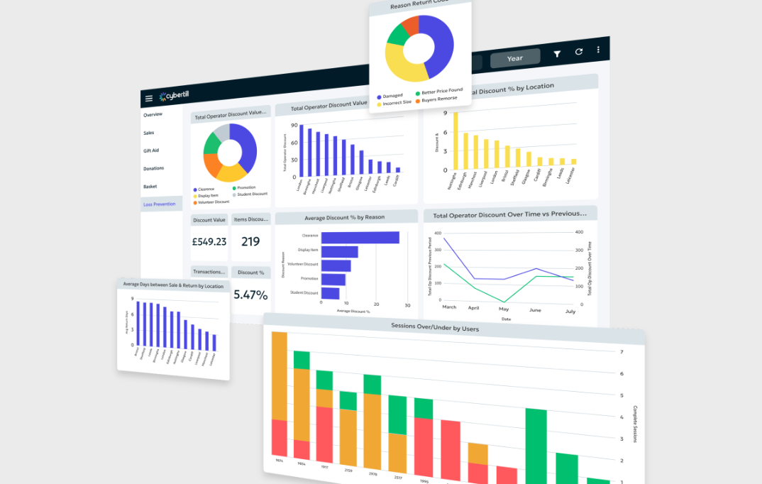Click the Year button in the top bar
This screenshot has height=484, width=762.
click(515, 58)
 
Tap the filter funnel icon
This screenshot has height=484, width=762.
click(557, 53)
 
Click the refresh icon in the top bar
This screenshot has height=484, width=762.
click(578, 52)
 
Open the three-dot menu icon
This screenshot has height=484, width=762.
click(598, 50)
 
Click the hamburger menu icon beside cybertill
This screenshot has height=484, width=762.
click(149, 99)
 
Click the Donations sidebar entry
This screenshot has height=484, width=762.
click(154, 168)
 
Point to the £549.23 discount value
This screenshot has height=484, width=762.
click(209, 241)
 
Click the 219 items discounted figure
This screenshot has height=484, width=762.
click(250, 241)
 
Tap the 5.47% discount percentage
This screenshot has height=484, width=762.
click(250, 295)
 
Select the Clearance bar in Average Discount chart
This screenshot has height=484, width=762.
click(360, 238)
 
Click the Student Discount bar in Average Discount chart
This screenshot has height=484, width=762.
click(330, 293)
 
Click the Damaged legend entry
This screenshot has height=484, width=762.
click(392, 96)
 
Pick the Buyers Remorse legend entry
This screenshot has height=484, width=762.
click(440, 99)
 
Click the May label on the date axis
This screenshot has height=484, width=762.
click(504, 309)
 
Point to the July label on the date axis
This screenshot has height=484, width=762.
click(570, 312)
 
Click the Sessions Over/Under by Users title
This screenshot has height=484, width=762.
click(434, 328)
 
